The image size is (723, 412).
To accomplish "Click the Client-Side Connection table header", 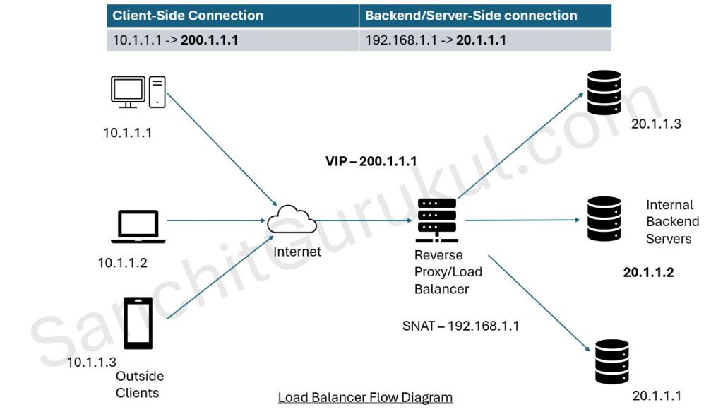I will coord(188,16).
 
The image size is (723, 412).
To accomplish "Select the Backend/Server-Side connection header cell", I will coord(471,16).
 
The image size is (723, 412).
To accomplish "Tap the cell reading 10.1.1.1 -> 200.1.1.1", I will coord(175,40).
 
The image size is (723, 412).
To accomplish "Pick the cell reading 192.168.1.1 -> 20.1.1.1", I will coord(436,40).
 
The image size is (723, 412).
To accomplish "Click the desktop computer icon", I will coord(138,93).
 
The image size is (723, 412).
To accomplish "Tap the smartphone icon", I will coord(138,323).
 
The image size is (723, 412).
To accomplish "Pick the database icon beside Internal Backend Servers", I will coord(604,220).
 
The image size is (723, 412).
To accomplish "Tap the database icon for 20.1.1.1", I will coord(611,361).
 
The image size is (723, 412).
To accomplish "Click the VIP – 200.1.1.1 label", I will coord(370,161).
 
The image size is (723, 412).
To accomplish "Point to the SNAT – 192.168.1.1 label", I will coord(460,326).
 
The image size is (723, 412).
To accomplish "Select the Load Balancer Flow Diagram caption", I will coord(365,397).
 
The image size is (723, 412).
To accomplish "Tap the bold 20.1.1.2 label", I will coord(648,272).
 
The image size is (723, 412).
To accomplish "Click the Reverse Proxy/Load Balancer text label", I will coord(438,271).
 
